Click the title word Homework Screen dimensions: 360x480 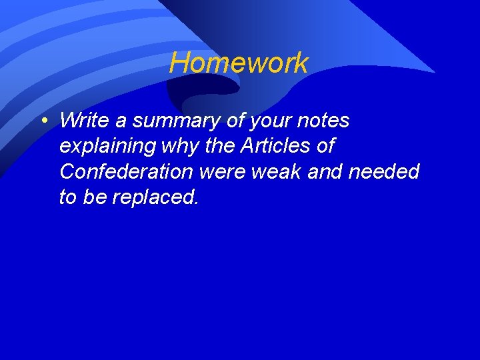click(x=239, y=63)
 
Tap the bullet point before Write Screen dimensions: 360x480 click(x=43, y=121)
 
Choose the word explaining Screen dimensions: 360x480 click(x=107, y=147)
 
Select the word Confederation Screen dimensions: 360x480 click(x=126, y=172)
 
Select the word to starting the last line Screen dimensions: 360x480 click(x=68, y=197)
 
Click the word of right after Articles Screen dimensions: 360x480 click(x=325, y=146)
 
